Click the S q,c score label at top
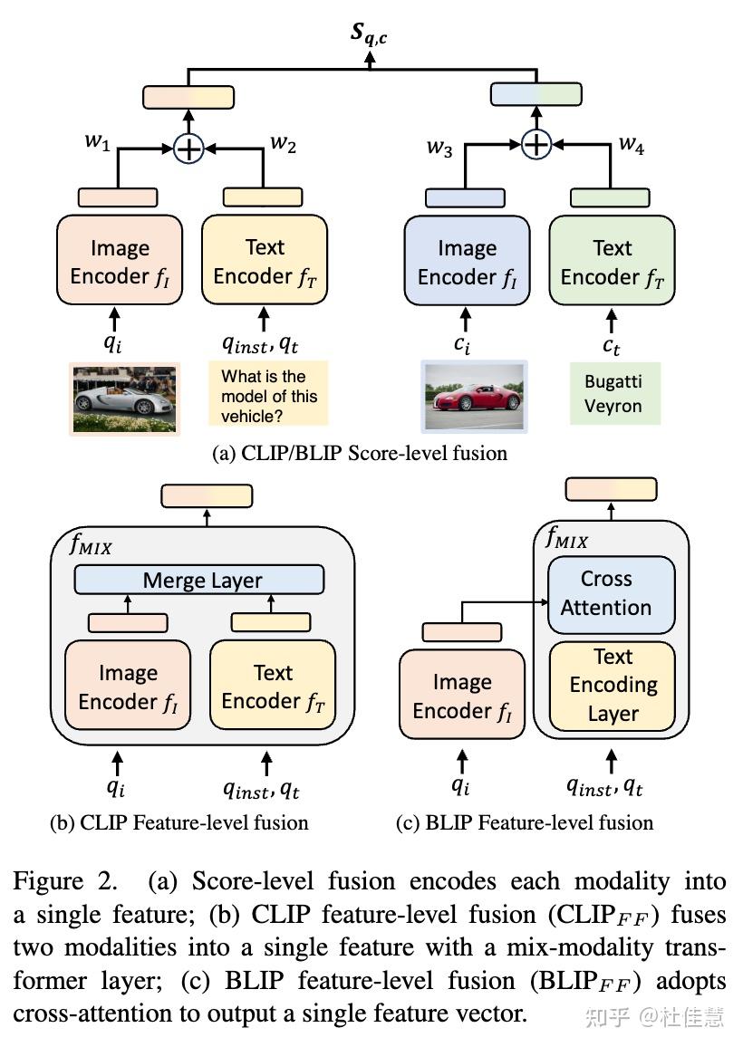(x=371, y=34)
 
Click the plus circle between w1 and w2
(x=188, y=148)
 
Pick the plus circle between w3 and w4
(x=537, y=143)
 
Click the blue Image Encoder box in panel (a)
(x=468, y=262)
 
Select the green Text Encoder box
(x=612, y=262)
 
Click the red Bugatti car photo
(x=474, y=396)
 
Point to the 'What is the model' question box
(x=267, y=396)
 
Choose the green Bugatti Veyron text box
(x=613, y=394)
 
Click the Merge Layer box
(x=198, y=581)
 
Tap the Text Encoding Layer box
(x=613, y=685)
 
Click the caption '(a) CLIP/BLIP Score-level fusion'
(x=360, y=454)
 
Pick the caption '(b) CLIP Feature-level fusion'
(x=179, y=822)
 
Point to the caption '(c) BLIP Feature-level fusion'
(x=525, y=822)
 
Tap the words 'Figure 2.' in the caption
(x=55, y=881)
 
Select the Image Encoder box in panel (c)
(x=462, y=696)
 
